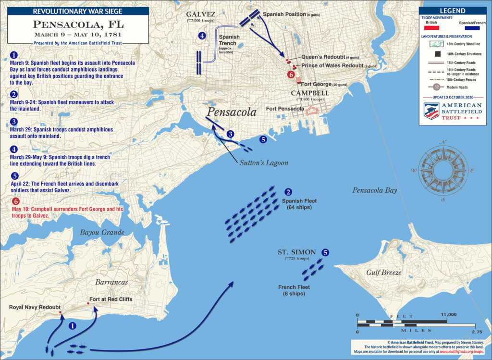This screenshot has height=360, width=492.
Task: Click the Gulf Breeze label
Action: [x=383, y=273]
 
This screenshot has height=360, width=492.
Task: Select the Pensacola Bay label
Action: [x=375, y=190]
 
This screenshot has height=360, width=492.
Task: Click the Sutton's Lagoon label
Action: [x=264, y=163]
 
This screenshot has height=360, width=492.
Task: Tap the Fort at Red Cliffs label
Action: [x=111, y=299]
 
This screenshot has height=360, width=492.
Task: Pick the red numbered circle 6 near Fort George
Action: [x=290, y=74]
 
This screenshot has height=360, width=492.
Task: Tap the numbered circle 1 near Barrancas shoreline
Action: [x=73, y=325]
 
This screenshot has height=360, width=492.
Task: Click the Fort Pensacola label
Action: [x=284, y=109]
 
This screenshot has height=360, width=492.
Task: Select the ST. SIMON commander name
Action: [x=296, y=252]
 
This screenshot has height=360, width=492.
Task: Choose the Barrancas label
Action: [x=111, y=282]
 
